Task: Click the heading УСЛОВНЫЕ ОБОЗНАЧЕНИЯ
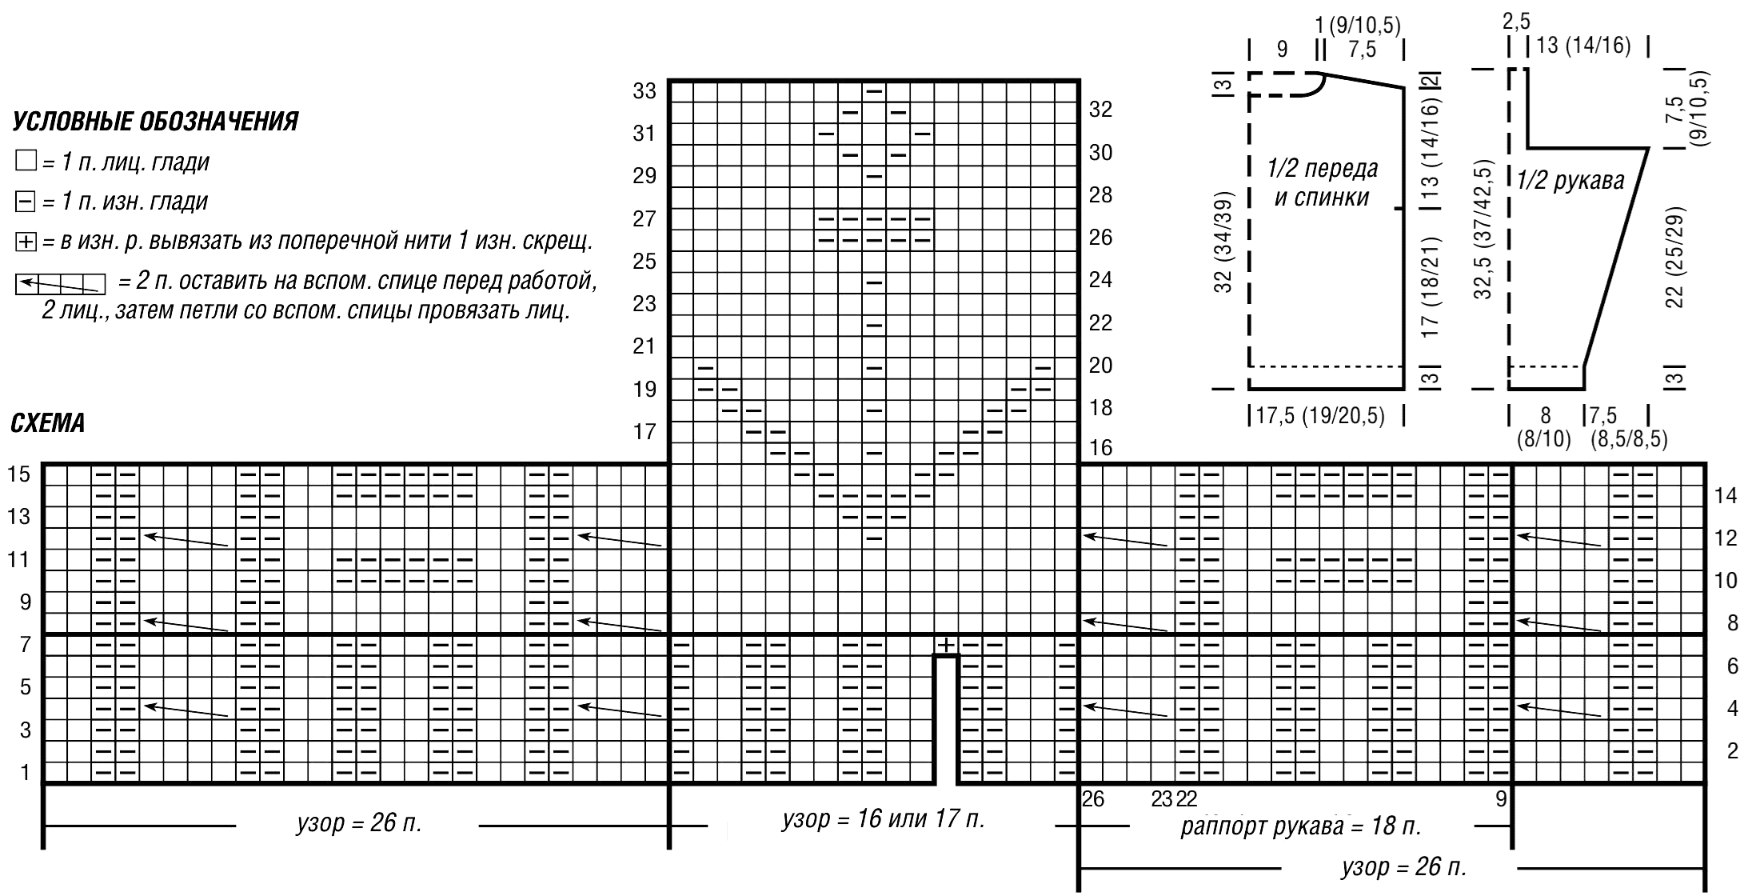(156, 122)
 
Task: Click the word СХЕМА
(48, 424)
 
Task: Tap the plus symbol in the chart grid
(946, 645)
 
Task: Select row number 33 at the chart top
(645, 90)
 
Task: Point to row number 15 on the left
(19, 474)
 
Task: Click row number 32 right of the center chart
(1101, 110)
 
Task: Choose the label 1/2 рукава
(1570, 181)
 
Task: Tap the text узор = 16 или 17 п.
(883, 819)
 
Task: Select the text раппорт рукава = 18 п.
(1301, 826)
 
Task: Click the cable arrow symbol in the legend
(61, 283)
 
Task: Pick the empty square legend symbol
(26, 162)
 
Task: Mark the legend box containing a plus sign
(26, 241)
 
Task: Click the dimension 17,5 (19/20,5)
(1326, 416)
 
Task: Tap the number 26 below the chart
(1093, 798)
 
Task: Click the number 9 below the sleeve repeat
(1501, 798)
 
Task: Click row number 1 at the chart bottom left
(25, 772)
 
